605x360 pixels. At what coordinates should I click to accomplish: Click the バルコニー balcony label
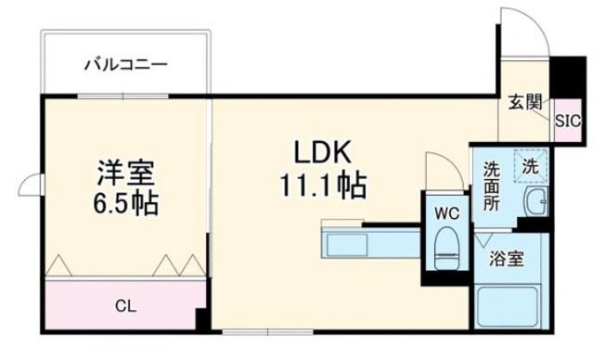pos(125,65)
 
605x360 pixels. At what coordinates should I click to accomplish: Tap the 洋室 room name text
pos(126,174)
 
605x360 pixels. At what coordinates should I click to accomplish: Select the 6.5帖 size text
pos(126,203)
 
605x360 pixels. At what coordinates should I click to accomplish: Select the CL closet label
pos(122,303)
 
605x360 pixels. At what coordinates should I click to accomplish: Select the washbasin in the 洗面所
pos(535,201)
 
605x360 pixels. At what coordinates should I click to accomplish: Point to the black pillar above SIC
pos(568,76)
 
